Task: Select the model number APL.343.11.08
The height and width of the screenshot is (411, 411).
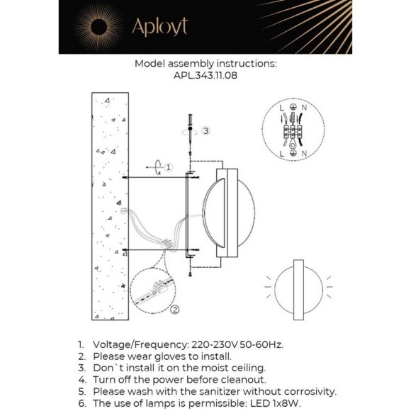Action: point(205,74)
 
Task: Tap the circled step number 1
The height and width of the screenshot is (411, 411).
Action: point(169,165)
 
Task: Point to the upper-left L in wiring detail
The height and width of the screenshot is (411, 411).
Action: point(281,108)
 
